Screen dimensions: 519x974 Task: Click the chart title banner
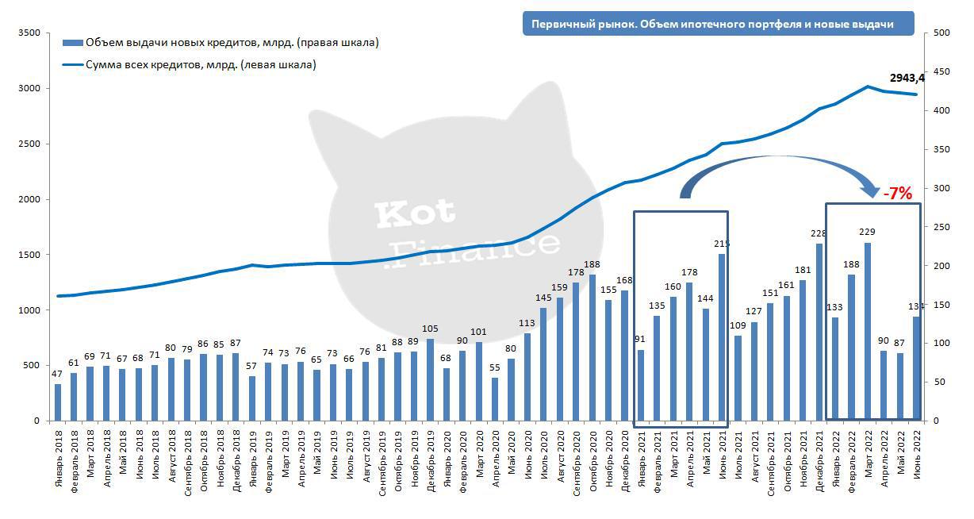click(x=718, y=24)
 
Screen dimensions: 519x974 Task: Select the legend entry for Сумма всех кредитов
click(x=201, y=64)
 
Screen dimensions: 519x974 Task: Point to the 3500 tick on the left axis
click(x=29, y=33)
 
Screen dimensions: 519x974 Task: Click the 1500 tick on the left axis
click(x=29, y=255)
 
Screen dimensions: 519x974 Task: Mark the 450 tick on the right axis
click(x=941, y=71)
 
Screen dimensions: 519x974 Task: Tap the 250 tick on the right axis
click(x=941, y=227)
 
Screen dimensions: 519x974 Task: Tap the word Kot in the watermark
click(x=415, y=212)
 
